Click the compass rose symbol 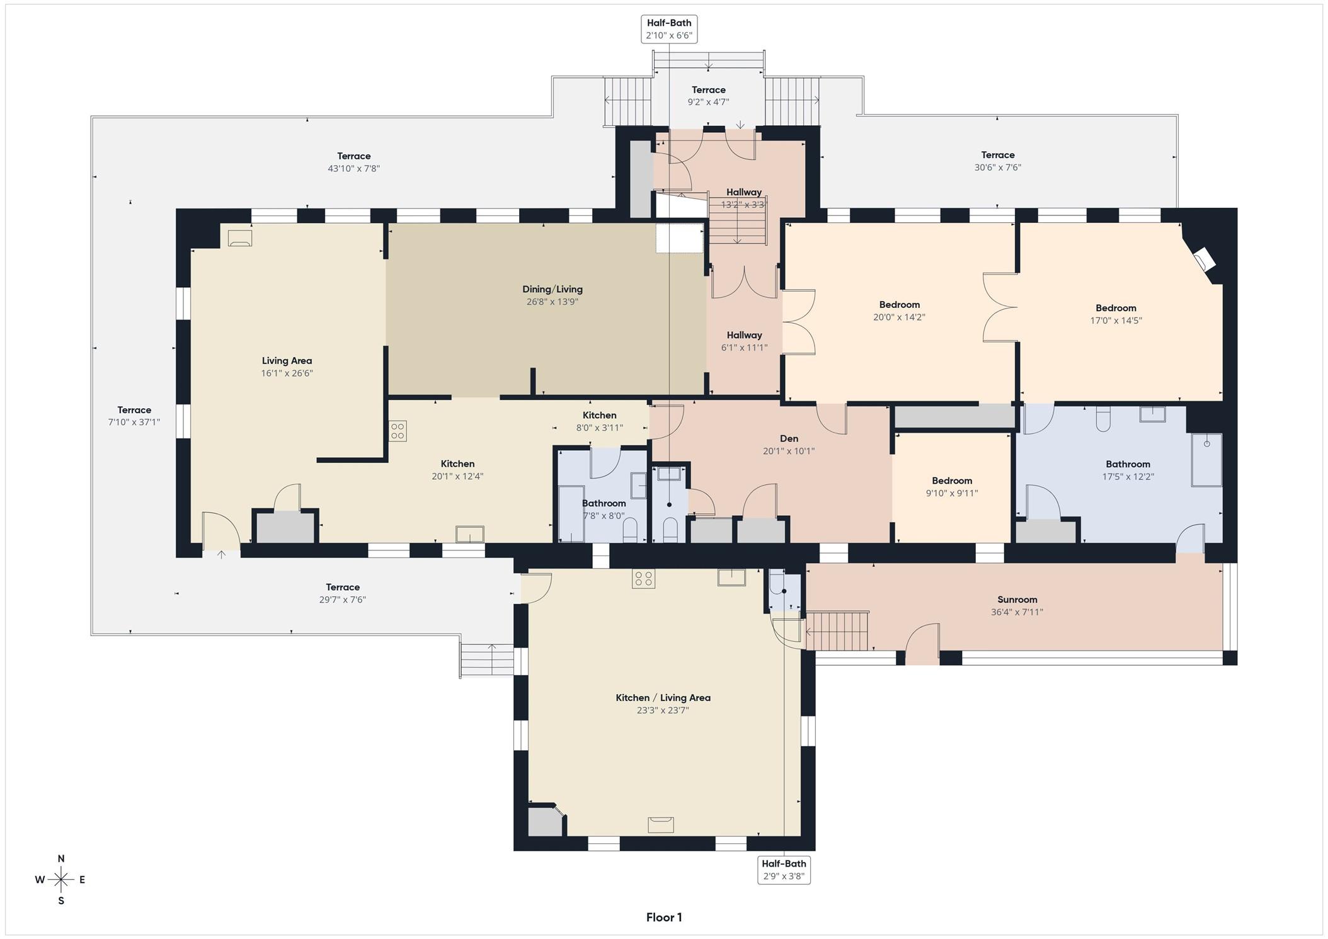(x=61, y=879)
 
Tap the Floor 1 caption (x=664, y=917)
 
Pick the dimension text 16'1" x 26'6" (x=287, y=373)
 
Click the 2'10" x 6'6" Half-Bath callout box (x=669, y=29)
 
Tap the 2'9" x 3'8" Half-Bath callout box (x=784, y=870)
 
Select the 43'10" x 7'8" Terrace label (x=353, y=162)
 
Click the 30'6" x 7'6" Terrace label (x=997, y=161)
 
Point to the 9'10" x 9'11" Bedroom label (x=952, y=487)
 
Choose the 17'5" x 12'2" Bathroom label (x=1128, y=470)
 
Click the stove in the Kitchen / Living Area (x=643, y=578)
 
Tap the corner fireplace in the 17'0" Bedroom (x=1204, y=258)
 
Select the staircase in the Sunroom (x=837, y=630)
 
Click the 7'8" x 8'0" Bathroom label (x=604, y=509)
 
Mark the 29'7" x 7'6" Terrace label (x=343, y=593)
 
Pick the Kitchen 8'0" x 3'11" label (x=599, y=421)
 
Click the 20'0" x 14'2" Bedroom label (x=899, y=310)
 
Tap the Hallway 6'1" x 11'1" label (x=744, y=341)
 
